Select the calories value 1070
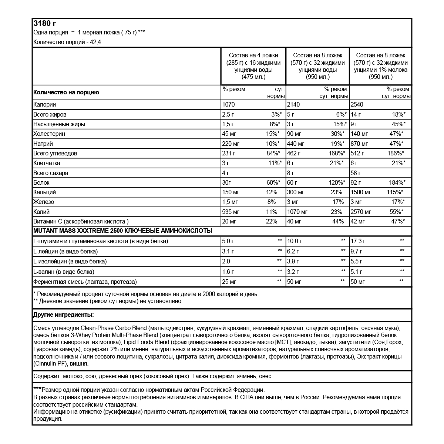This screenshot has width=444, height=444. pyautogui.click(x=229, y=105)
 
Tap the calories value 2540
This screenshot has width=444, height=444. pyautogui.click(x=357, y=105)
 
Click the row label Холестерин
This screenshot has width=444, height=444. pyautogui.click(x=46, y=134)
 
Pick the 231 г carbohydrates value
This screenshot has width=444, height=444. pyautogui.click(x=229, y=153)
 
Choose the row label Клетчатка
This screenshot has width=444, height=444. pyautogui.click(x=47, y=163)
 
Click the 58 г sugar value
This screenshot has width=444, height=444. pyautogui.click(x=356, y=173)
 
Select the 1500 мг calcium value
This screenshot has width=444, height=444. pyautogui.click(x=360, y=192)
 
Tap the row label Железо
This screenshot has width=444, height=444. pyautogui.click(x=44, y=202)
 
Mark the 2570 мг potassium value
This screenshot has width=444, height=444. pyautogui.click(x=360, y=212)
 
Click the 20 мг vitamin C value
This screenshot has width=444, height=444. pyautogui.click(x=229, y=221)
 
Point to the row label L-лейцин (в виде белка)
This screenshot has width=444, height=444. pyautogui.click(x=65, y=252)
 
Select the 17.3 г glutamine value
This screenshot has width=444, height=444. pyautogui.click(x=358, y=241)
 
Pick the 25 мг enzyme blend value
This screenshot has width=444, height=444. pyautogui.click(x=229, y=282)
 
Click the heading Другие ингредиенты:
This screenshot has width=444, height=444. pyautogui.click(x=64, y=315)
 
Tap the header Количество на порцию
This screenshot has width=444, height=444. pyautogui.click(x=66, y=92)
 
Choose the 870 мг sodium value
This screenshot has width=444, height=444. pyautogui.click(x=359, y=144)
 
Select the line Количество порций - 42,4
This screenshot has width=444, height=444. pyautogui.click(x=67, y=42)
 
